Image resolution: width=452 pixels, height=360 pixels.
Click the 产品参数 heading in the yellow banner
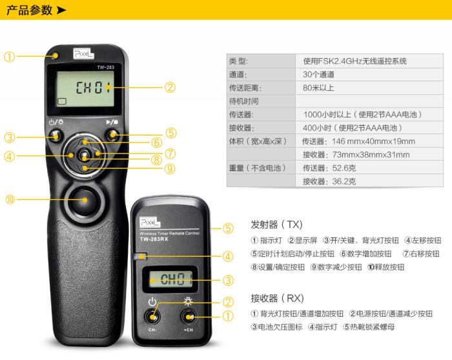(30, 10)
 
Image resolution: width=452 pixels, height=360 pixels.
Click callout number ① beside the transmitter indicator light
(9, 56)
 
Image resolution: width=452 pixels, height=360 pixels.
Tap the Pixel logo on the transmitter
(83, 54)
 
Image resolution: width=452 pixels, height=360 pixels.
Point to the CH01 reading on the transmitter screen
(94, 87)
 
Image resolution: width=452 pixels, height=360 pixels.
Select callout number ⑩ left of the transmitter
(10, 199)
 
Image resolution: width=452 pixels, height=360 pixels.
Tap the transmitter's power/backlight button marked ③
(55, 135)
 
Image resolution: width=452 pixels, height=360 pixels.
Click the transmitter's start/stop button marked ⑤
(112, 134)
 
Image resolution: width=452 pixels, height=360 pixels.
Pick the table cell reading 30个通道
(318, 75)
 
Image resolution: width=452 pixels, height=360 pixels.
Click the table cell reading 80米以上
(318, 88)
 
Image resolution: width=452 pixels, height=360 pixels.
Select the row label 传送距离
(245, 88)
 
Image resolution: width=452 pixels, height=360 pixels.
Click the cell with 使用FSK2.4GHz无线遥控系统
(354, 61)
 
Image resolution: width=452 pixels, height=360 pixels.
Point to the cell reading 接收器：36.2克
(329, 181)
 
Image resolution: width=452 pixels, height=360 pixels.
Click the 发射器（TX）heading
(276, 225)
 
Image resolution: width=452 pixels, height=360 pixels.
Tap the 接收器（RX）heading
(277, 298)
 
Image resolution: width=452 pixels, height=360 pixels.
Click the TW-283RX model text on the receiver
(154, 239)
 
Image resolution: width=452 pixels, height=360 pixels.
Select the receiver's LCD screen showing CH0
(170, 279)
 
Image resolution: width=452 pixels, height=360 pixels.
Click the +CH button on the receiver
(189, 317)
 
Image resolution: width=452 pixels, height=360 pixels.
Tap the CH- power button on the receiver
(152, 317)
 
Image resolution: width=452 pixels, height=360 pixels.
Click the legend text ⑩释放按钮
(386, 267)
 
